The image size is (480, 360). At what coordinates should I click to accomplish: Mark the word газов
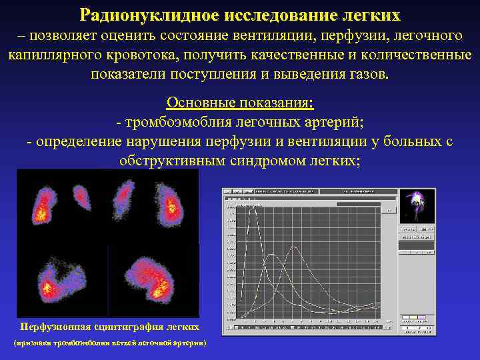[365, 73]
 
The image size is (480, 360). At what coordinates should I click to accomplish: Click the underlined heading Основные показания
[240, 103]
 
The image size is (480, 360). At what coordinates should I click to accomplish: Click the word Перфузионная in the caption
[58, 327]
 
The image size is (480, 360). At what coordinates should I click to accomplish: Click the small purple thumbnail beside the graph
[417, 205]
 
